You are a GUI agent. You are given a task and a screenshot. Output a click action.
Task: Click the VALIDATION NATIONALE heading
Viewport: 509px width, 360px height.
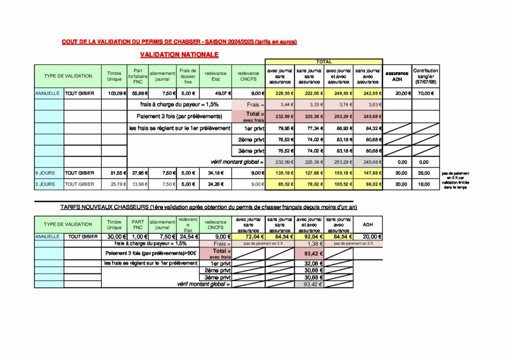[179, 54]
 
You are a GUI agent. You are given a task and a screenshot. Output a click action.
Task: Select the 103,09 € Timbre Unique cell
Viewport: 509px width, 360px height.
[114, 93]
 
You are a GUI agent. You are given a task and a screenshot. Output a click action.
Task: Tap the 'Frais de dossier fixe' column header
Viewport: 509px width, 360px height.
[188, 76]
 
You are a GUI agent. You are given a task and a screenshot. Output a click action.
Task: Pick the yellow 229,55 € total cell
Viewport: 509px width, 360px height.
[280, 93]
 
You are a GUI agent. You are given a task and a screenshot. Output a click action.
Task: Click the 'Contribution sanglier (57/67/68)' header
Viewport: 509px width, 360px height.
[425, 76]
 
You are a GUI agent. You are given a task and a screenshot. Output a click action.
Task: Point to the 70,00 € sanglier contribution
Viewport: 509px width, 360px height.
[425, 93]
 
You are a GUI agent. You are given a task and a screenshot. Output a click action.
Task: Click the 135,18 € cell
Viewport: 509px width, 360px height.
[280, 173]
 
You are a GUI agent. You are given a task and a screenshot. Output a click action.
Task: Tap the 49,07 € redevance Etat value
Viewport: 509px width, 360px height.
[215, 93]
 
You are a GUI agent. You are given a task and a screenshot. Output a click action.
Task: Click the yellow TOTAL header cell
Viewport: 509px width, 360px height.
[324, 62]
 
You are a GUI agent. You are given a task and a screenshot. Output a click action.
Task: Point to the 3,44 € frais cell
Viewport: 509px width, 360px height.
[280, 104]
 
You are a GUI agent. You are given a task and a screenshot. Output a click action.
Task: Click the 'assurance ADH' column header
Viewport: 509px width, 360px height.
[397, 76]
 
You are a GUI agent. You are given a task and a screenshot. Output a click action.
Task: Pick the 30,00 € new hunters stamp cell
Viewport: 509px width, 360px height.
[114, 237]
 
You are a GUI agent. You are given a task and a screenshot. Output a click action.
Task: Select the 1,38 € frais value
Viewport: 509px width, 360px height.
[310, 244]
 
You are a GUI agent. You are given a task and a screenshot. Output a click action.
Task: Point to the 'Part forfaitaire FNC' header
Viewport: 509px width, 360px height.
[138, 76]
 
